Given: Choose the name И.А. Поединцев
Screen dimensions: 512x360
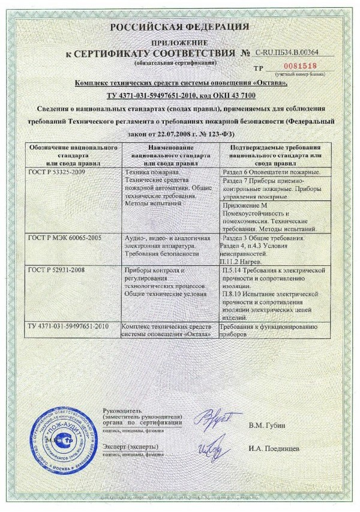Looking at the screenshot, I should (275, 448).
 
